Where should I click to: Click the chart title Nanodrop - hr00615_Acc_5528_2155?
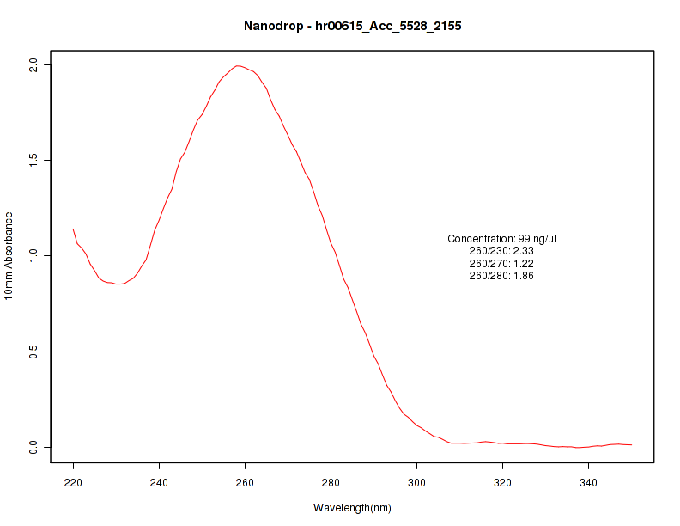click(353, 27)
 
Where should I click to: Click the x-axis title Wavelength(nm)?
click(352, 508)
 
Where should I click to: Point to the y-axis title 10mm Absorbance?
click(9, 256)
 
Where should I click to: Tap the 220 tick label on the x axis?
click(73, 482)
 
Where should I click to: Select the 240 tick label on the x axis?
click(159, 482)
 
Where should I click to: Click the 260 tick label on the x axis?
click(245, 482)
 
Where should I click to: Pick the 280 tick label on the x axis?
click(331, 482)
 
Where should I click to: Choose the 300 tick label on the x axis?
click(416, 482)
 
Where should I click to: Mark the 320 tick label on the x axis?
click(502, 482)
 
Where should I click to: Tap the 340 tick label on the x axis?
click(588, 482)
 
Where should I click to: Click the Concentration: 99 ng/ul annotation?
click(502, 238)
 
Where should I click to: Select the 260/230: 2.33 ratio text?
click(502, 251)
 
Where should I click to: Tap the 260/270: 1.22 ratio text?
click(502, 263)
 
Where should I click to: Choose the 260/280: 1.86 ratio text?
click(502, 276)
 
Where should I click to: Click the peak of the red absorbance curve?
click(239, 65)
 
